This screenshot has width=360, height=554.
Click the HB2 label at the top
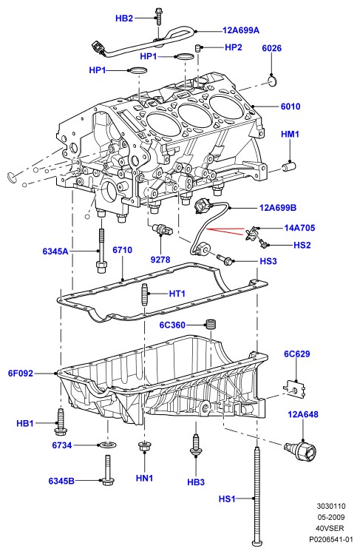[124, 18]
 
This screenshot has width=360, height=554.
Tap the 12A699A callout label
[241, 30]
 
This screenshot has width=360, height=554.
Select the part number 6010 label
[291, 107]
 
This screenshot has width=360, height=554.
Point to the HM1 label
[290, 135]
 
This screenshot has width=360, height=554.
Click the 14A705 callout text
[299, 228]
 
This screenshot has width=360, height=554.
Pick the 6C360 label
[172, 325]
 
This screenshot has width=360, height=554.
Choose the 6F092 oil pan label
[21, 373]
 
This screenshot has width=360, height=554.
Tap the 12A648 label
[303, 414]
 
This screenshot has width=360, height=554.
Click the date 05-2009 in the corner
[330, 517]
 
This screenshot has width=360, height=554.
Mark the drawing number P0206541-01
[330, 539]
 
